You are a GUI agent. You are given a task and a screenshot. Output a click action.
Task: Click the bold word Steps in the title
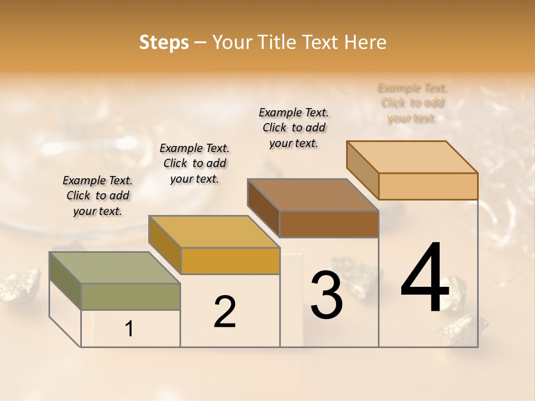[x=164, y=42]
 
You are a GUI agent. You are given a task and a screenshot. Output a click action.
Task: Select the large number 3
[x=327, y=295]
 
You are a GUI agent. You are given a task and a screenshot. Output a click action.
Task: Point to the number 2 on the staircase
[x=225, y=312]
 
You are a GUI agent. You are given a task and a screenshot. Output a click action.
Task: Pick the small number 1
[x=129, y=329]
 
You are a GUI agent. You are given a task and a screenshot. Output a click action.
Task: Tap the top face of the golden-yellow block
[x=213, y=232]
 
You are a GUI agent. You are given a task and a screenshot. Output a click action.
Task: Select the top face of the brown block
[x=312, y=195]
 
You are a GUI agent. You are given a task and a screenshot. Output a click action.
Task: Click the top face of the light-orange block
[x=412, y=157]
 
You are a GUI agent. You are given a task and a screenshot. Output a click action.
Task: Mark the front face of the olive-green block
[x=130, y=296]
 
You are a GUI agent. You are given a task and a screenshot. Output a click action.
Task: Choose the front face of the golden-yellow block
[x=230, y=261]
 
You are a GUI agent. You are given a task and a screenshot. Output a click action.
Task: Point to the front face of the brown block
[x=329, y=224]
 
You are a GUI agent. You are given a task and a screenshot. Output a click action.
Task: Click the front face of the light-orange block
[x=428, y=186]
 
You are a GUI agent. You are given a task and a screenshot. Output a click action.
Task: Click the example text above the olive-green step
[x=98, y=195]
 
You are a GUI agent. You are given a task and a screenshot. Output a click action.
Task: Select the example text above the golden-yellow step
[x=194, y=163]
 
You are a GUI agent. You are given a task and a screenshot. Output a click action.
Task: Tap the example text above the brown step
[x=294, y=128]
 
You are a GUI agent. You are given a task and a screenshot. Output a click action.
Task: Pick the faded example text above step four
[x=412, y=103]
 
